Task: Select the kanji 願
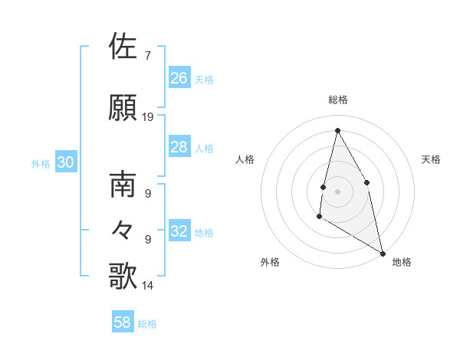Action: tap(123, 107)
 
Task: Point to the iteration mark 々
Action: tap(123, 229)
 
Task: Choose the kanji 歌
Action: tap(123, 276)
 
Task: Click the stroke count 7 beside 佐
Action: tap(147, 56)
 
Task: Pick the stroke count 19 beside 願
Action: tap(148, 117)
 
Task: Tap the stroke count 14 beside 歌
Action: tap(148, 286)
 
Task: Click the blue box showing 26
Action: tap(179, 78)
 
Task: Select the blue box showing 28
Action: tap(179, 147)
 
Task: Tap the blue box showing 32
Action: tap(179, 231)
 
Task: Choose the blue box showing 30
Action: tap(65, 162)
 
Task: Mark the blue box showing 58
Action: tap(123, 322)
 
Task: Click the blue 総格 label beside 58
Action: tap(147, 324)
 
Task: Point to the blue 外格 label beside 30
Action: tap(41, 163)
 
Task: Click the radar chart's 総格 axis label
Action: tap(337, 100)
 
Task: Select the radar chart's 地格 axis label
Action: tap(402, 262)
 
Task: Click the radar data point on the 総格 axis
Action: tap(337, 130)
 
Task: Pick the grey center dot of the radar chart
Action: tap(337, 191)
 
